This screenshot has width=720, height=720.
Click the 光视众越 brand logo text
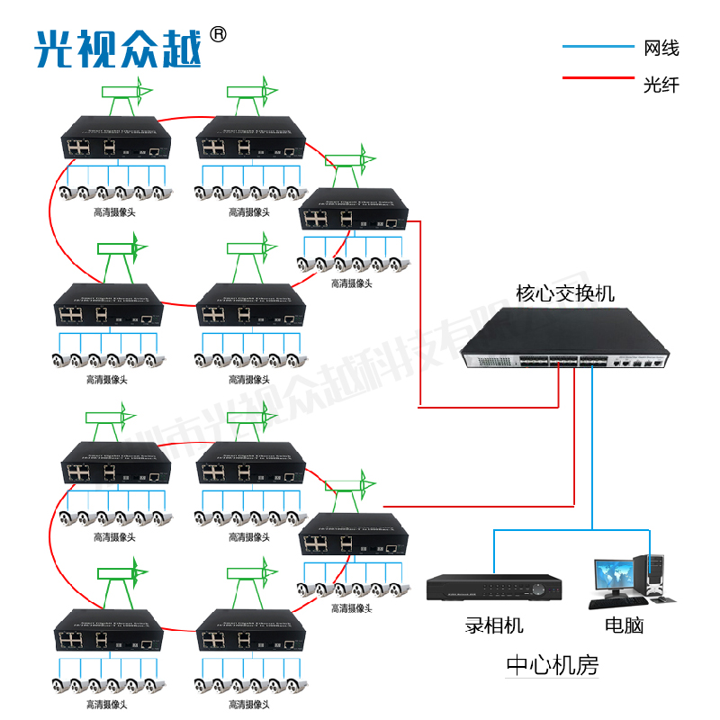tap(117, 48)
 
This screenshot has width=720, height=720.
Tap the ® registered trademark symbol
tap(218, 34)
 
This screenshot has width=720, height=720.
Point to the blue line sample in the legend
tap(598, 47)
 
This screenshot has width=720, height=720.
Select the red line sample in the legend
tap(598, 78)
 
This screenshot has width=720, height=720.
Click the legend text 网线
tap(661, 48)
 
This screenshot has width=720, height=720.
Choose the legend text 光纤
tap(661, 85)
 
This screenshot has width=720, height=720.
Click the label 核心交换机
tap(565, 293)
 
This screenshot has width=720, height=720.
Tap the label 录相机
tap(494, 625)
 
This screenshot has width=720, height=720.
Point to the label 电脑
tap(625, 625)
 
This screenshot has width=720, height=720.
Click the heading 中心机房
tap(552, 665)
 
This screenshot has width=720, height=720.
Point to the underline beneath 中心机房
tap(552, 680)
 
